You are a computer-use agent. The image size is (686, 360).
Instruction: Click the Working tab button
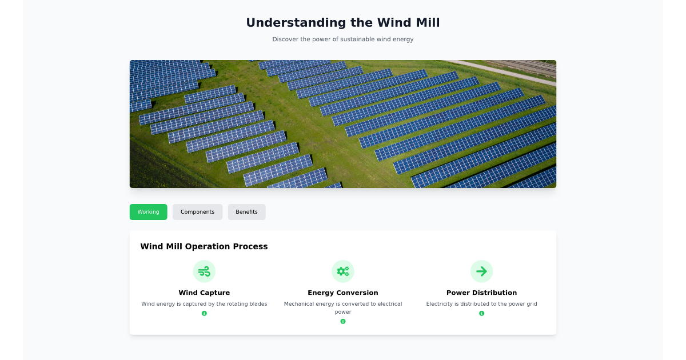click(148, 212)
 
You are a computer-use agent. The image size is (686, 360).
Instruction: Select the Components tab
click(197, 212)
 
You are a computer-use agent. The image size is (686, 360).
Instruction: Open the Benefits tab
click(246, 212)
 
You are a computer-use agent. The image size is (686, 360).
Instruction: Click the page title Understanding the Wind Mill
click(342, 23)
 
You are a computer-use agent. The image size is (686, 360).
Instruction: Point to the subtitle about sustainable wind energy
click(342, 39)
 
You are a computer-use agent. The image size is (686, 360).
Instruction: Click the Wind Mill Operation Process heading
click(204, 247)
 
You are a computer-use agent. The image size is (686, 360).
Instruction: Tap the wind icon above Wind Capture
click(204, 271)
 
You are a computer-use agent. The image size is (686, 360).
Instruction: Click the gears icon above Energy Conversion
click(343, 271)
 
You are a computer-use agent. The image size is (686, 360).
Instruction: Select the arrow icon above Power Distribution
click(481, 271)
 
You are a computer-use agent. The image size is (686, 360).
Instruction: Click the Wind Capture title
click(204, 293)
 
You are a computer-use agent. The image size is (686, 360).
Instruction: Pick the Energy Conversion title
click(343, 293)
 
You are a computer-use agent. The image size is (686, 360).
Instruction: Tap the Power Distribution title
click(481, 293)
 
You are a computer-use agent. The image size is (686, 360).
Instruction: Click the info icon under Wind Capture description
click(204, 313)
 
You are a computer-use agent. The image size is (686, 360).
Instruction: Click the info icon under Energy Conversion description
click(343, 321)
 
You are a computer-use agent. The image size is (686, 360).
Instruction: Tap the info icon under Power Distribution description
click(481, 313)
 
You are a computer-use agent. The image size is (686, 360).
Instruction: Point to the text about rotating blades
click(204, 304)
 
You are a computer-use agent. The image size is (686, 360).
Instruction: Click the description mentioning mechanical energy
click(343, 307)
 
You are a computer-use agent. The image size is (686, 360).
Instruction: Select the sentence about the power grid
click(481, 304)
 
